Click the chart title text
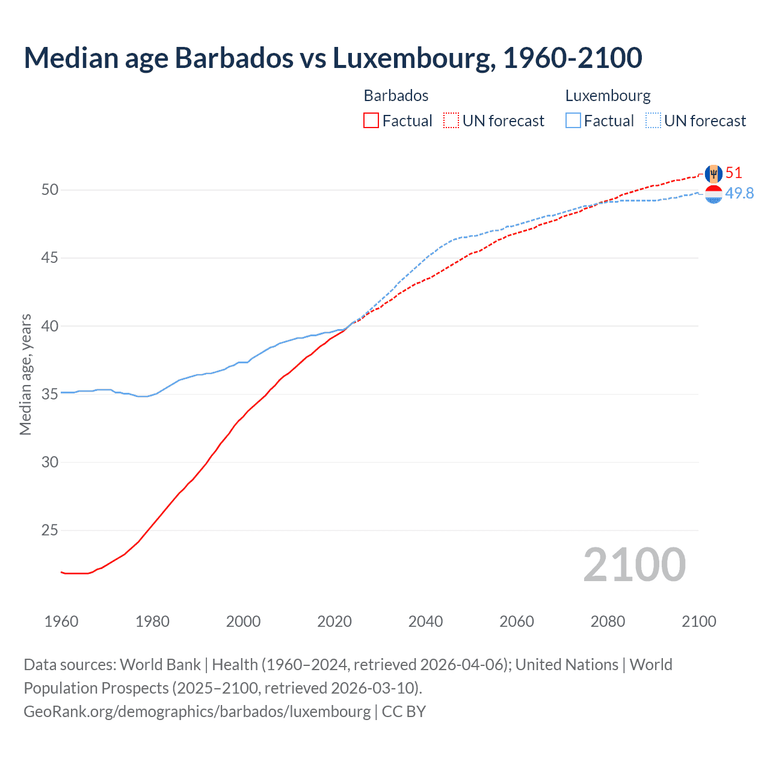tap(333, 58)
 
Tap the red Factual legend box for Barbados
tap(371, 121)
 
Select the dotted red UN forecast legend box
tap(451, 121)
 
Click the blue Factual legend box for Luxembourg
tap(573, 121)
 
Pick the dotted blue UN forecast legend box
tap(653, 121)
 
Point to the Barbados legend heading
tap(396, 96)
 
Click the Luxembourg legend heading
tap(608, 96)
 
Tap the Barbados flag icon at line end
tap(713, 174)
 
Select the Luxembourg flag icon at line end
tap(713, 194)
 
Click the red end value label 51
tap(733, 173)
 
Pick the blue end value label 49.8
tap(739, 193)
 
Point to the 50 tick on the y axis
tap(50, 190)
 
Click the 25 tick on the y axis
tap(50, 531)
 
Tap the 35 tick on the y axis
tap(50, 395)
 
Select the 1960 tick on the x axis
tap(61, 621)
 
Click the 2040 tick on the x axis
tap(425, 621)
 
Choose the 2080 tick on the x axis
tap(608, 621)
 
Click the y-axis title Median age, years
tap(25, 374)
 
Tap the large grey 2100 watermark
tap(634, 565)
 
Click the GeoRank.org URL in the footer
tap(197, 712)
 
